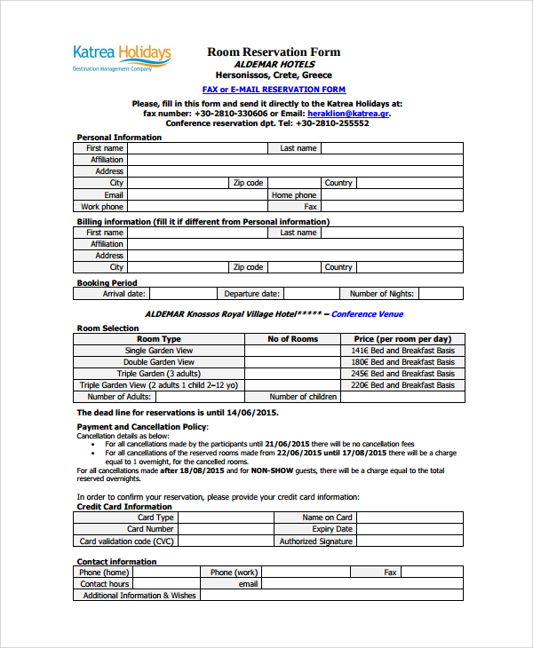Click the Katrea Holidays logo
point(122,58)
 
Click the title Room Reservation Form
point(274,52)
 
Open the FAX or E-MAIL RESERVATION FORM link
point(274,90)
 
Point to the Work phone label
point(102,207)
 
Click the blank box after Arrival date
point(182,294)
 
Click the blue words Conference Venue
point(367,314)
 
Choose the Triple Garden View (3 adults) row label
point(158,374)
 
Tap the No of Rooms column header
point(292,339)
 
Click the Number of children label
point(303,397)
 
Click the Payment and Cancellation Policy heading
point(142,427)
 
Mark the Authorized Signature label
point(315,541)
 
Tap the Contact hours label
point(105,584)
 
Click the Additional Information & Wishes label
point(139,596)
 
